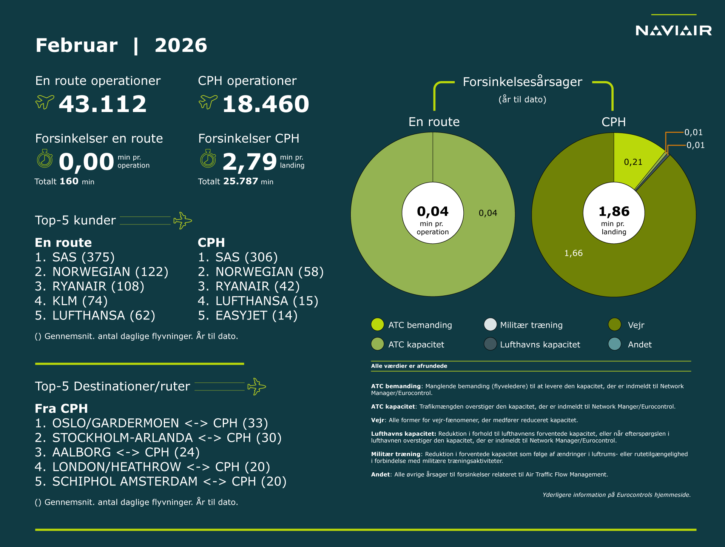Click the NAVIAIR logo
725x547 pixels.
[x=673, y=30]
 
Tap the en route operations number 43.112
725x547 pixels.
[x=102, y=104]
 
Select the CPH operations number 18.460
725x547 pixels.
[x=265, y=104]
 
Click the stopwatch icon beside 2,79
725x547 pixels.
[x=208, y=159]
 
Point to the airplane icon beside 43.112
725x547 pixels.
[x=45, y=101]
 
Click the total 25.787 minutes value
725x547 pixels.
[x=241, y=181]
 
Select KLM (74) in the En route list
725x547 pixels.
[x=71, y=301]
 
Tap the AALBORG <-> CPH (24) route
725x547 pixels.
[x=117, y=452]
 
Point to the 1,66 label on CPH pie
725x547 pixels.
[x=573, y=253]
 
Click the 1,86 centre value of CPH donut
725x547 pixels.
[x=614, y=212]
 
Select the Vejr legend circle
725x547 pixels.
[x=615, y=324]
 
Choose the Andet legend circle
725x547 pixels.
[x=615, y=344]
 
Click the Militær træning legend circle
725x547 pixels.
[x=490, y=324]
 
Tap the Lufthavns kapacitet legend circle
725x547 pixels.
[x=490, y=344]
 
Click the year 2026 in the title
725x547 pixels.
[x=181, y=46]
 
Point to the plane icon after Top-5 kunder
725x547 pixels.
[x=182, y=220]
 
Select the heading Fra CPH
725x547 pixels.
[x=61, y=409]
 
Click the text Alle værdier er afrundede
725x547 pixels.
[x=409, y=366]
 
